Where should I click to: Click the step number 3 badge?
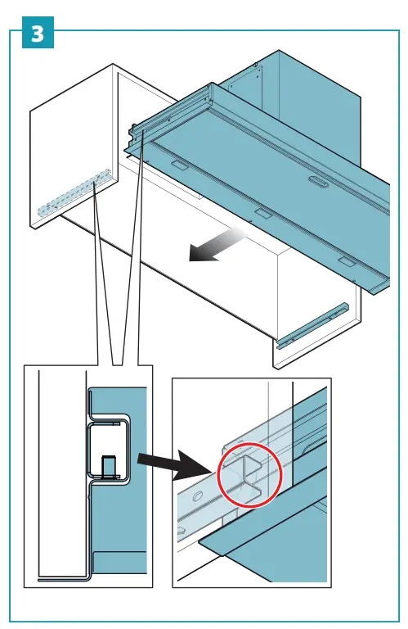click(x=38, y=34)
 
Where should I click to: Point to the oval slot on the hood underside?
click(x=317, y=183)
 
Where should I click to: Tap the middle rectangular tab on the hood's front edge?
click(x=262, y=213)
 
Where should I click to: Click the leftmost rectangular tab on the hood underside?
click(x=177, y=165)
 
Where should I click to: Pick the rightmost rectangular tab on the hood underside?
click(x=347, y=262)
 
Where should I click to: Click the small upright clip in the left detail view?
click(x=110, y=467)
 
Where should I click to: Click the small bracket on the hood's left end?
click(x=132, y=131)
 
